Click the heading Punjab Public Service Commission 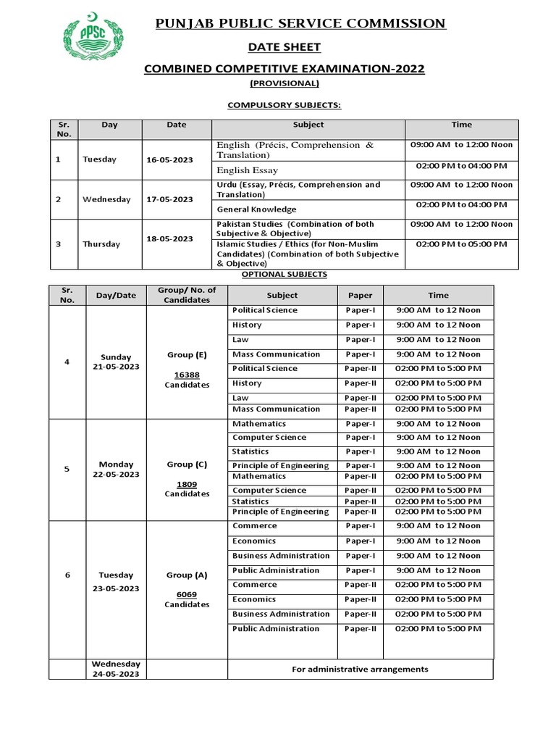click(301, 24)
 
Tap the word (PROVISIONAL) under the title click(284, 83)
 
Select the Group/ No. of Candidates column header click(187, 295)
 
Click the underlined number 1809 click(187, 483)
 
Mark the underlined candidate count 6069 click(187, 593)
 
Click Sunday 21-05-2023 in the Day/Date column click(116, 362)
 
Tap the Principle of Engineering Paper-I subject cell click(280, 465)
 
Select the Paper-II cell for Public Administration click(360, 629)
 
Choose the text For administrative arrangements click(360, 670)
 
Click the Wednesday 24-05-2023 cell click(116, 669)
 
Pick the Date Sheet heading click(284, 47)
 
